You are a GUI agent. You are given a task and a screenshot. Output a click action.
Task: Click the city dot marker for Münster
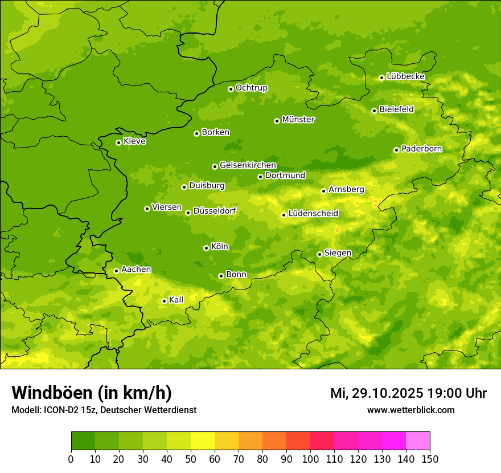click(277, 121)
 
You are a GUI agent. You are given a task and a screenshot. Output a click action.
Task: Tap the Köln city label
click(219, 247)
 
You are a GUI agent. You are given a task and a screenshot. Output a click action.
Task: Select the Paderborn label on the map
click(421, 149)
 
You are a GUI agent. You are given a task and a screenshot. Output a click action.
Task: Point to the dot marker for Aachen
click(116, 271)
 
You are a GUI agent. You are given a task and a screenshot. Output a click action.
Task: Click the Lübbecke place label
click(405, 76)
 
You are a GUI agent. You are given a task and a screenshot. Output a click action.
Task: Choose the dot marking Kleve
click(118, 142)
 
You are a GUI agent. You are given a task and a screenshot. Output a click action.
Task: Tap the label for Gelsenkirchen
click(248, 165)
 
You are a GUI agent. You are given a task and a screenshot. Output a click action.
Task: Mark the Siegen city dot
click(319, 254)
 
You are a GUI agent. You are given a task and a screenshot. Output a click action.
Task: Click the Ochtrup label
click(251, 88)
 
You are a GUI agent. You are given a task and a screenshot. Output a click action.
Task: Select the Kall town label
click(176, 300)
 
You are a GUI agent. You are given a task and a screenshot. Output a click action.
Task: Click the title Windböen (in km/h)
click(91, 393)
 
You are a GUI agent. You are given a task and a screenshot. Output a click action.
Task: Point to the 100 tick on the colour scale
click(310, 459)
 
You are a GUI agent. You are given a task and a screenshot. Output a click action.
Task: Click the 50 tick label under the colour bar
click(191, 459)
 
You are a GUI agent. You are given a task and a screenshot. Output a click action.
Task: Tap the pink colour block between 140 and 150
click(418, 441)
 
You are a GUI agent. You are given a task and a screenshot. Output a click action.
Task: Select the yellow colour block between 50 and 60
click(203, 441)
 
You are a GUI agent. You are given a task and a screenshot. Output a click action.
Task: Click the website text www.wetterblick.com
click(410, 410)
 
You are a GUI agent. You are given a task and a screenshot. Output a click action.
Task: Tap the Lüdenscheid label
click(313, 214)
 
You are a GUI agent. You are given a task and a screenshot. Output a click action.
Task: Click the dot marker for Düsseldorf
click(188, 213)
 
